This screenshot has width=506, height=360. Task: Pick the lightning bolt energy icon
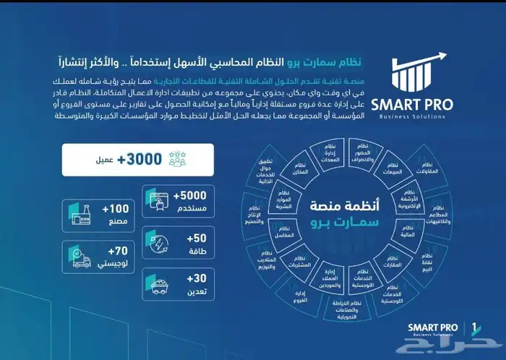click(x=160, y=243)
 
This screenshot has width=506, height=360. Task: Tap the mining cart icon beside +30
click(x=159, y=283)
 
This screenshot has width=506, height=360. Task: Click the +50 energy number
click(x=195, y=243)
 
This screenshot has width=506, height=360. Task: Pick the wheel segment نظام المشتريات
click(x=291, y=261)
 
